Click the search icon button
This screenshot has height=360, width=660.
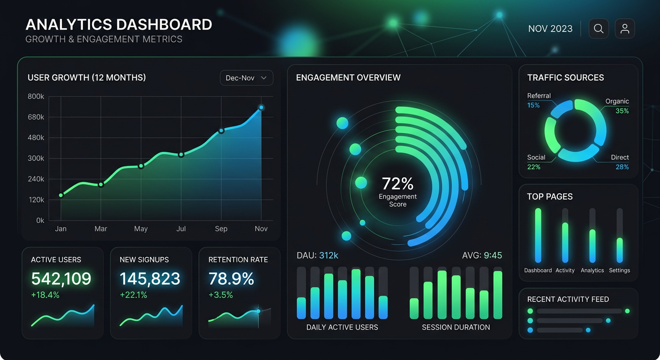pos(599,29)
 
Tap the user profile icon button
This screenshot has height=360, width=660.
pos(625,29)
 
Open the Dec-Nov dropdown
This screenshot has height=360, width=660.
pos(247,78)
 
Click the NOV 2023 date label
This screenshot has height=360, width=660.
pos(550,29)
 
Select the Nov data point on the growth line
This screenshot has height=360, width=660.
pos(261,108)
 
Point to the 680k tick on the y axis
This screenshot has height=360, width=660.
pos(36,117)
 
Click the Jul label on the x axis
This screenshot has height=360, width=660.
pos(181,229)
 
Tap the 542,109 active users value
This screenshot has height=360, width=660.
pos(61,279)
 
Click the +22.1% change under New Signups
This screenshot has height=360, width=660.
pos(134,295)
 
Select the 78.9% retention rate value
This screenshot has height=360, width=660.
pos(231,279)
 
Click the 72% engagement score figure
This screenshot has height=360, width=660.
pos(397,183)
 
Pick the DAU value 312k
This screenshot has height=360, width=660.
pos(329,255)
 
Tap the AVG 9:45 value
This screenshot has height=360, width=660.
pos(493,255)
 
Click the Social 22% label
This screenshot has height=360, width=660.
pos(535,162)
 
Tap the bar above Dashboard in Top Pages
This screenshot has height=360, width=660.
pos(538,235)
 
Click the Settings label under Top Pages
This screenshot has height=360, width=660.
pos(619,270)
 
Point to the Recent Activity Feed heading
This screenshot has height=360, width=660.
pos(568,299)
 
